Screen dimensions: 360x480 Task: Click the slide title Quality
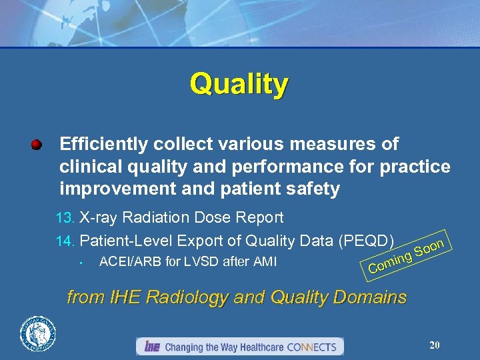pyautogui.click(x=239, y=85)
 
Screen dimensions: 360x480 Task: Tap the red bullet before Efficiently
pyautogui.click(x=37, y=144)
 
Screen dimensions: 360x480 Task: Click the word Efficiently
pyautogui.click(x=105, y=144)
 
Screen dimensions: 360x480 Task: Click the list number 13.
pyautogui.click(x=65, y=218)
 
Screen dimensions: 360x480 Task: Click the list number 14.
pyautogui.click(x=65, y=241)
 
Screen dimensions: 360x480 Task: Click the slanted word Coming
pyautogui.click(x=389, y=262)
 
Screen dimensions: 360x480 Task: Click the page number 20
pyautogui.click(x=435, y=345)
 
